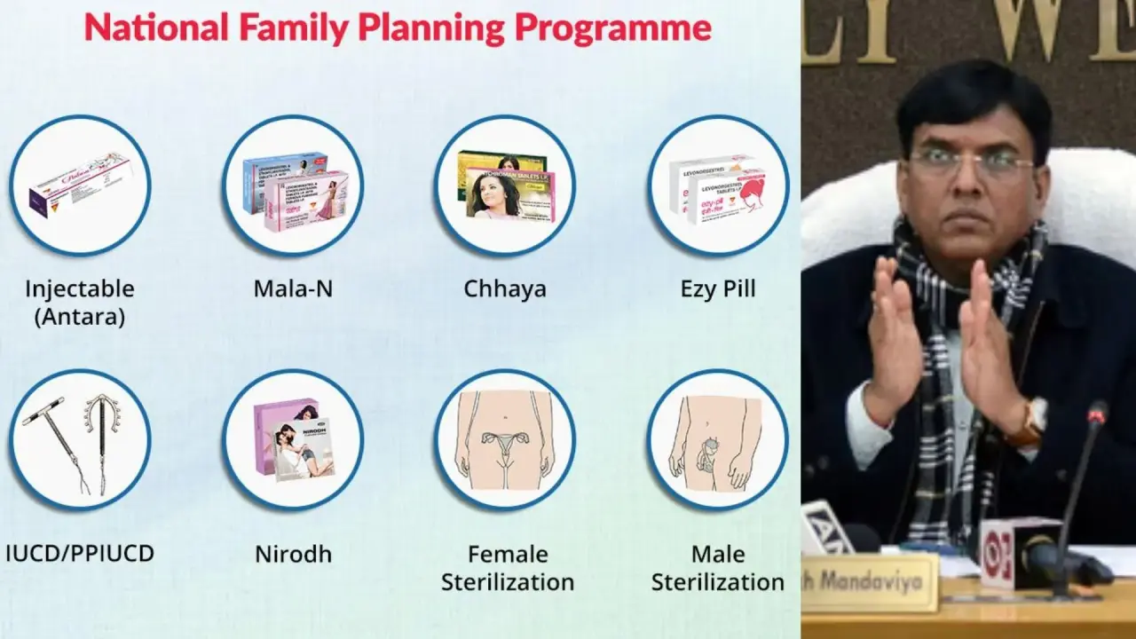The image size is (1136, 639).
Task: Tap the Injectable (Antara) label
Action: pos(80,302)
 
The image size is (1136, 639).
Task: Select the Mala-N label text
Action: pos(293,288)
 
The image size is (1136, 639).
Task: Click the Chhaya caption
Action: pos(505,288)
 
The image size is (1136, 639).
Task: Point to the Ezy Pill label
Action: pos(718,288)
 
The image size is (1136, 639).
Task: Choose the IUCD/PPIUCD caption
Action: pos(80,554)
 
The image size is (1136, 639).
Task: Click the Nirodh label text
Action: pos(293,554)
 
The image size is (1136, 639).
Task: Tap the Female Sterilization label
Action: pos(508,568)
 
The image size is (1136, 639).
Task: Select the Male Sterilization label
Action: pos(718,568)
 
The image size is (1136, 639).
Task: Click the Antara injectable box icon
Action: pos(80,185)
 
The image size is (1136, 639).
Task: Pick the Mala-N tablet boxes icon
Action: pos(293,185)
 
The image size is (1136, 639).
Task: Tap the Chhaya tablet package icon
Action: pos(505,185)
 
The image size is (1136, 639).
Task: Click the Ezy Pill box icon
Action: pos(718,185)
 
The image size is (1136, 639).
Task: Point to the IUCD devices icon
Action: pos(80,440)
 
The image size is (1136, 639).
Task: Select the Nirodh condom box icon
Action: pos(293,440)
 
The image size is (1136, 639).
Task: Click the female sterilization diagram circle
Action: pos(505,440)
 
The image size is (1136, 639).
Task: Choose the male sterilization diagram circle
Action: pos(718,440)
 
